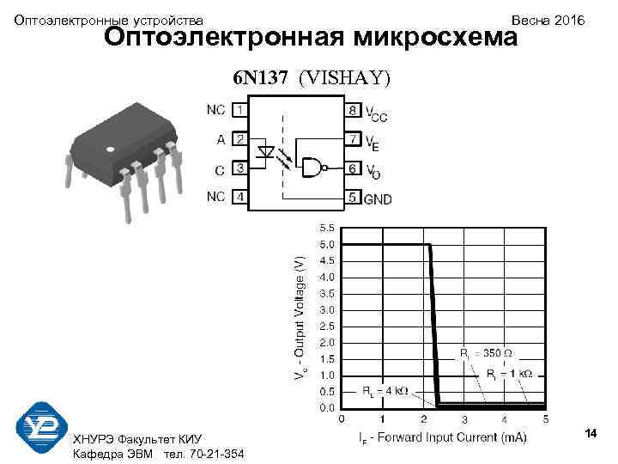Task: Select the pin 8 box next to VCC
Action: pyautogui.click(x=352, y=110)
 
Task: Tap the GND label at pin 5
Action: pyautogui.click(x=378, y=199)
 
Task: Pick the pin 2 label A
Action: pyautogui.click(x=221, y=137)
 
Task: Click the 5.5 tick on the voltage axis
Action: pyautogui.click(x=328, y=229)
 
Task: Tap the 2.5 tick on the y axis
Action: pyautogui.click(x=328, y=327)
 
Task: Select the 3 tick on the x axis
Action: pyautogui.click(x=464, y=420)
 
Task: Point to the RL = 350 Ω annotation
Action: pyautogui.click(x=487, y=352)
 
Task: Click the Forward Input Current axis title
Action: pyautogui.click(x=443, y=438)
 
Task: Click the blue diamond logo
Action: pyautogui.click(x=41, y=427)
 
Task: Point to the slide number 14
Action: pyautogui.click(x=591, y=433)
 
